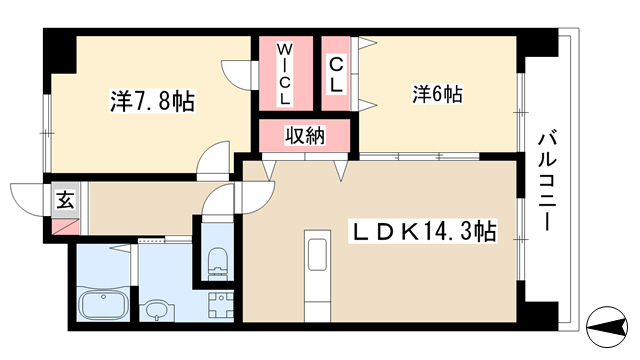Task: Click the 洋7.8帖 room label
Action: coord(152,101)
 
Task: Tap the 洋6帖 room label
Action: coord(437,94)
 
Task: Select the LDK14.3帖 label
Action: coord(422,231)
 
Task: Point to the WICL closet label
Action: coord(285,73)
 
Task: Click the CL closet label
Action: coord(336,75)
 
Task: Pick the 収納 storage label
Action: coord(305,135)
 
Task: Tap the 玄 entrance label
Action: coord(65,200)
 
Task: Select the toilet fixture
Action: coord(217,263)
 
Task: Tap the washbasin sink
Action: coord(156,311)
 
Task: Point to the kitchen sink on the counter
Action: coord(317,254)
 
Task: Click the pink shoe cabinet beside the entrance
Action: coord(65,227)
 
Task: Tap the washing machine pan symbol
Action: coord(221,305)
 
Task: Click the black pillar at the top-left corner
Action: coord(60,51)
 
